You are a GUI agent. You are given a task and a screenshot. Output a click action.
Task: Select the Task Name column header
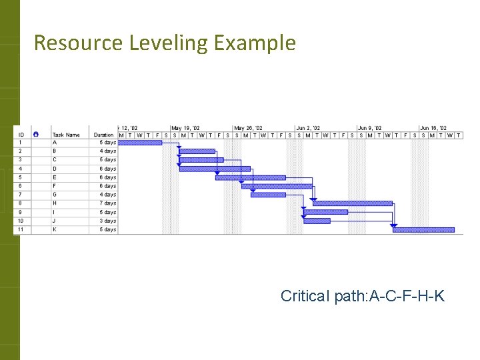pos(66,135)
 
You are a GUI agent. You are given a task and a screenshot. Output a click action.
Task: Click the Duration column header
pos(103,135)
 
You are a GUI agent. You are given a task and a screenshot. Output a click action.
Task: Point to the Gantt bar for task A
pos(140,142)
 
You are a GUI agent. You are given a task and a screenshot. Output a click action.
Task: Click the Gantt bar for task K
pos(423,230)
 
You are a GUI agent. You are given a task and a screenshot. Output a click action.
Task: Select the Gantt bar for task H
pos(352,203)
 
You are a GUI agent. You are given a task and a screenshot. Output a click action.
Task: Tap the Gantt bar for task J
pos(317,221)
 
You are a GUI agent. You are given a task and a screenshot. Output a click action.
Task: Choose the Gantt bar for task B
pos(197,151)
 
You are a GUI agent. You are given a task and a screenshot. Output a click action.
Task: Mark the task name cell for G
pos(55,195)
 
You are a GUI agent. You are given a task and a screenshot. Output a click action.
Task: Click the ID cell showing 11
pos(21,229)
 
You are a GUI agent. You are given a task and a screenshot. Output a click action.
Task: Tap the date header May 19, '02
pos(185,128)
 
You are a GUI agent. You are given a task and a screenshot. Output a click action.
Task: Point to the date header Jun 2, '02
pos(308,128)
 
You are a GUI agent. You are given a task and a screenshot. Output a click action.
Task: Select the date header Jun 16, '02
pos(433,128)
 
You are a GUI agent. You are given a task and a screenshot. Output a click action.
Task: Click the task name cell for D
pos(55,169)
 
